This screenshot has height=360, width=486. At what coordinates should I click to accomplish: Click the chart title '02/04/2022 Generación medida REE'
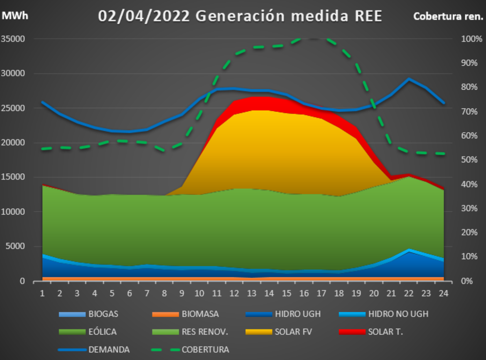click(240, 16)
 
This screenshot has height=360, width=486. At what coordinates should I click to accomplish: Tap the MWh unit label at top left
click(15, 16)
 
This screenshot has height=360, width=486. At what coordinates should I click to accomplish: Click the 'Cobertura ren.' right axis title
click(448, 16)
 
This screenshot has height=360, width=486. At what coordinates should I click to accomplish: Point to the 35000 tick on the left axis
click(13, 39)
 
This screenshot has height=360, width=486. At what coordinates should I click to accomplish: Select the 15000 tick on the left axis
click(13, 177)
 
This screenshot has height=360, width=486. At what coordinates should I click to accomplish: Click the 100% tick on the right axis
click(471, 39)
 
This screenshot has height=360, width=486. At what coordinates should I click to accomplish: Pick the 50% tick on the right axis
click(469, 159)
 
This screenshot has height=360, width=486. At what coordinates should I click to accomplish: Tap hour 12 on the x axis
click(234, 293)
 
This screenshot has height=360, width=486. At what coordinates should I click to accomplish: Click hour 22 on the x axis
click(408, 293)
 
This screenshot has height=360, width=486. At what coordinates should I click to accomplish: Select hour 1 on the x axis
click(42, 293)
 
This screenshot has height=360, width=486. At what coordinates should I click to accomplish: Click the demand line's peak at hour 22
click(409, 79)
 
